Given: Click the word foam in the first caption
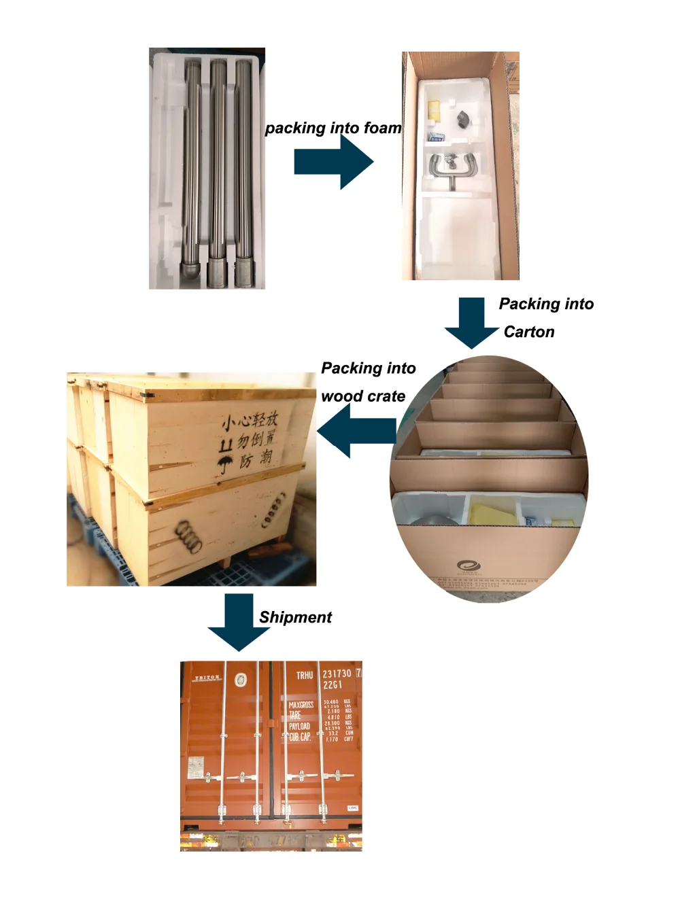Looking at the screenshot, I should click(x=382, y=128).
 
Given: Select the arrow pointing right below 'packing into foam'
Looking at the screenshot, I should click(x=334, y=162).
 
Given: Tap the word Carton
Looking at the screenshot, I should click(x=529, y=332).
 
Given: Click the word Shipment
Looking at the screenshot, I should click(x=295, y=617).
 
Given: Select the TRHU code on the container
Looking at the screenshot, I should click(x=304, y=675).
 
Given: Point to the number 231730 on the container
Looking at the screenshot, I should click(x=337, y=674).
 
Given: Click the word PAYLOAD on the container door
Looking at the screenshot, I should click(x=299, y=727).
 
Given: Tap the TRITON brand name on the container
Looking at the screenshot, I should click(x=207, y=678).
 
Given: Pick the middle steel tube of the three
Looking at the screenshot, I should click(x=218, y=170).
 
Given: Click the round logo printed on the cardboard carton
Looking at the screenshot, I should click(x=469, y=565).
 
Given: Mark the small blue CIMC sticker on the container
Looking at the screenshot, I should click(x=352, y=807).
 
